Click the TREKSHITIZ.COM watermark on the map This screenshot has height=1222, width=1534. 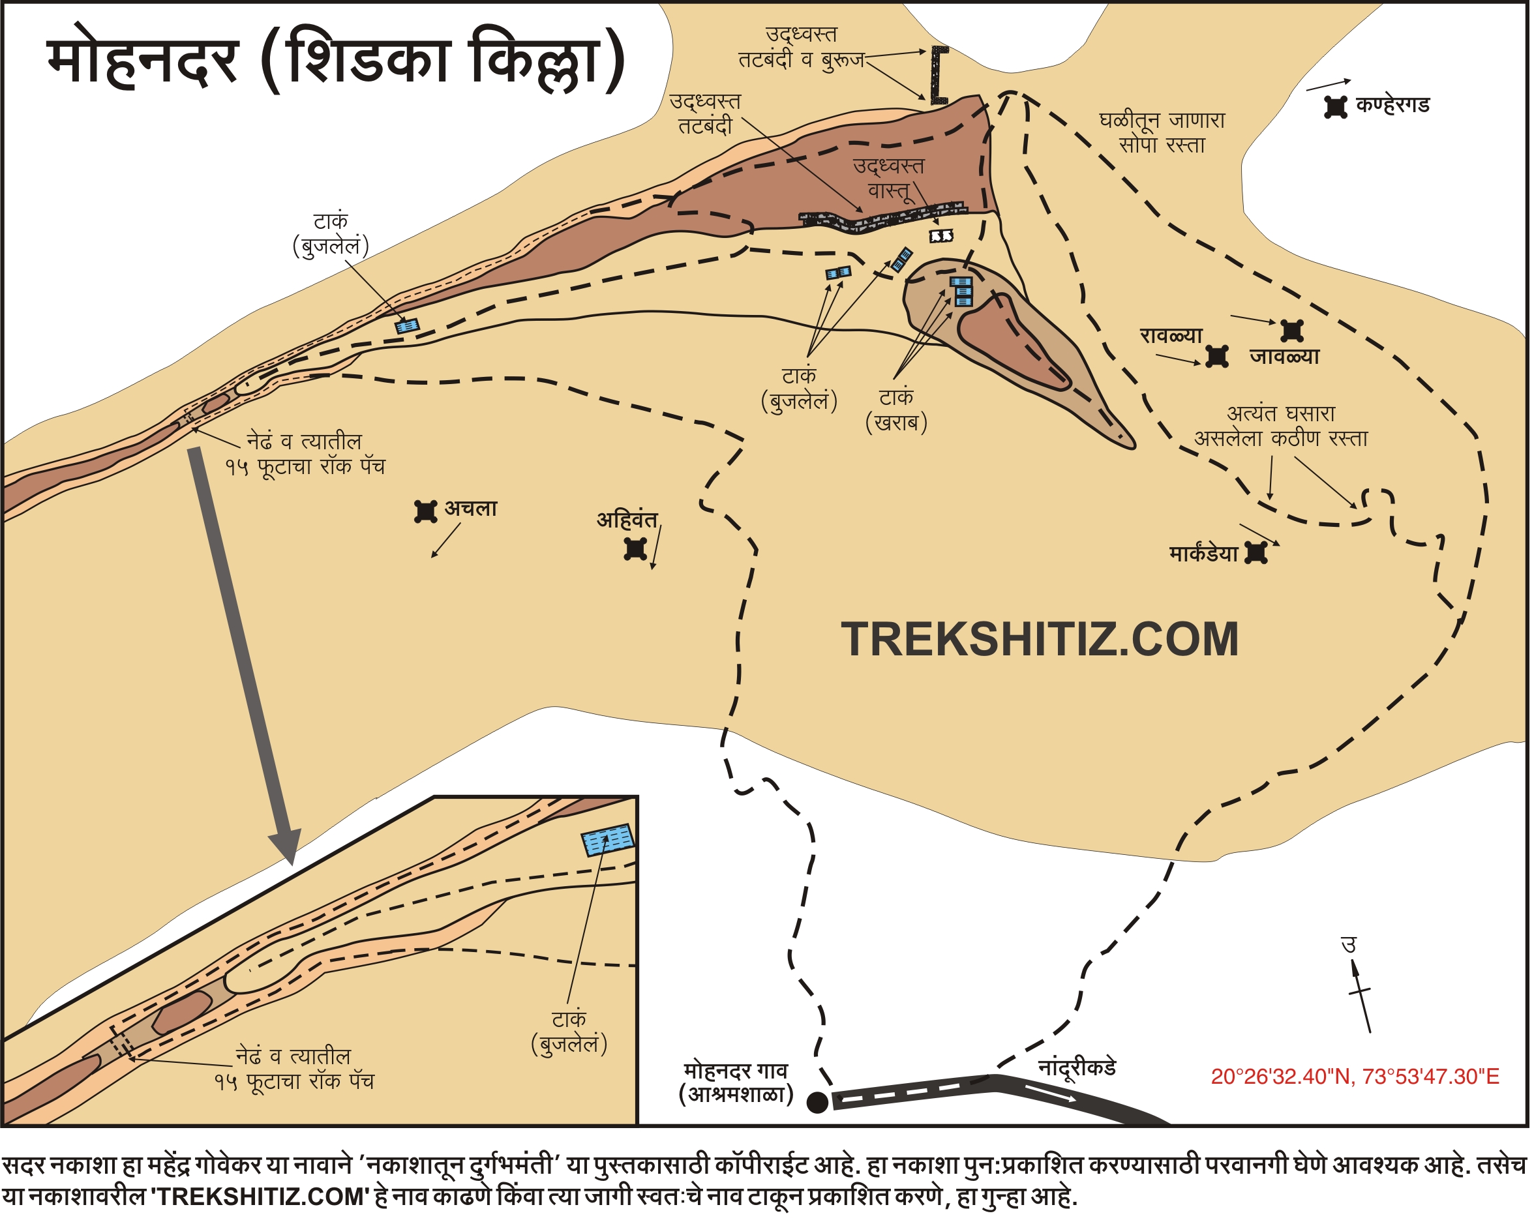point(1040,639)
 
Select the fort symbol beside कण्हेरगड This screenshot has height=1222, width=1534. point(1336,108)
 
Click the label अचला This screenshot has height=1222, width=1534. point(470,509)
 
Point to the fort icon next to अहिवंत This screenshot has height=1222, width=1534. point(635,549)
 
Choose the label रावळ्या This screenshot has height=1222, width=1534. point(1171,335)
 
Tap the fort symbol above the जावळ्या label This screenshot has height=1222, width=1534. point(1291,331)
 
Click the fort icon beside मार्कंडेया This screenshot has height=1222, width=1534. point(1256,554)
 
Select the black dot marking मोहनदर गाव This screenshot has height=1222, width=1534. point(817,1103)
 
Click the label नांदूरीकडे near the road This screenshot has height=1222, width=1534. point(1077,1067)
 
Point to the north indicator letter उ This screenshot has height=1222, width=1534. point(1348,946)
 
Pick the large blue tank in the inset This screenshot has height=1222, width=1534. point(608,839)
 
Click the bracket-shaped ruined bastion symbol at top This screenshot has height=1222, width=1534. point(939,76)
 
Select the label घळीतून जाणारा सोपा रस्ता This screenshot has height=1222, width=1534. point(1162,132)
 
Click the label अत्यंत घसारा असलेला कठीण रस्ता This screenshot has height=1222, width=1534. point(1281,425)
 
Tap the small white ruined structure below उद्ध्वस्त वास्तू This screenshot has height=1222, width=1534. point(940,235)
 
